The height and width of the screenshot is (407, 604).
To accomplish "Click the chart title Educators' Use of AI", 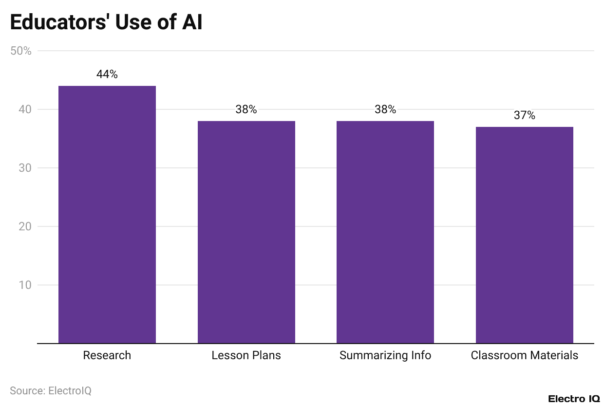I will (x=106, y=23).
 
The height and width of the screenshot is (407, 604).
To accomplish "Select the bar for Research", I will (x=107, y=215).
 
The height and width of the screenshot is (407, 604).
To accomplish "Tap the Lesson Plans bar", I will (x=246, y=232).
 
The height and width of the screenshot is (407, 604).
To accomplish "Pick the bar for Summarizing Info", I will (x=385, y=232).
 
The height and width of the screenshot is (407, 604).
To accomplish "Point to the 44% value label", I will (x=107, y=74).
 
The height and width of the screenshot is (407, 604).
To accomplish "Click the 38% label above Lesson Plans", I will (x=246, y=109).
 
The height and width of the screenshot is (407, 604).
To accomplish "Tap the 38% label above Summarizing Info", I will (x=385, y=109).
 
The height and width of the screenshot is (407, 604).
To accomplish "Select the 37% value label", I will (x=525, y=115).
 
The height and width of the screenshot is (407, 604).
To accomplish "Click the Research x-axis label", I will (x=107, y=355).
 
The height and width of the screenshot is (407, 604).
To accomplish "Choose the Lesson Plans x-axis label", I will (x=246, y=355).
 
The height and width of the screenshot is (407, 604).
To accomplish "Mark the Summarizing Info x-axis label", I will (x=385, y=355).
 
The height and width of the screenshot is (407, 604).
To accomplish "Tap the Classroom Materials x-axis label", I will (x=525, y=355).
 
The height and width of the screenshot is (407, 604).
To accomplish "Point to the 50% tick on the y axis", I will (x=21, y=51).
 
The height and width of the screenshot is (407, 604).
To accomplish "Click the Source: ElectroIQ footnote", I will (x=51, y=390).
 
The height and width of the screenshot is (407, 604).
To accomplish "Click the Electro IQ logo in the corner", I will (x=574, y=399).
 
